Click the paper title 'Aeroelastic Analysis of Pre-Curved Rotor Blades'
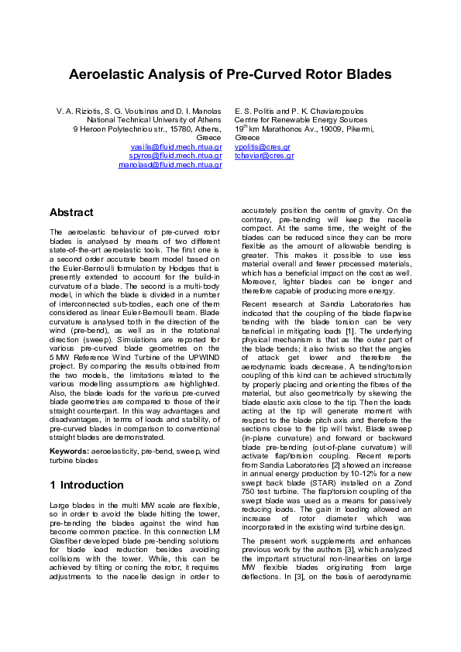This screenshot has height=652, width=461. coord(230,75)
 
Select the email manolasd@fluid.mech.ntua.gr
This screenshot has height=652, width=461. coord(170,165)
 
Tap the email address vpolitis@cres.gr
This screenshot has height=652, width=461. coord(262,146)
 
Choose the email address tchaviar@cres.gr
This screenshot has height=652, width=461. coord(264,156)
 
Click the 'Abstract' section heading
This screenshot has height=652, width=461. coord(71,212)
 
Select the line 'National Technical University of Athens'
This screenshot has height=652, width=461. coord(154,120)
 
